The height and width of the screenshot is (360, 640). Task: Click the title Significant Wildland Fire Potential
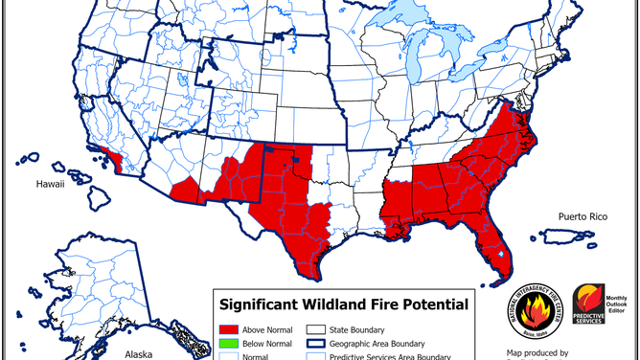(x=344, y=305)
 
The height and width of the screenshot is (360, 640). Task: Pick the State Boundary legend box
(x=315, y=326)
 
